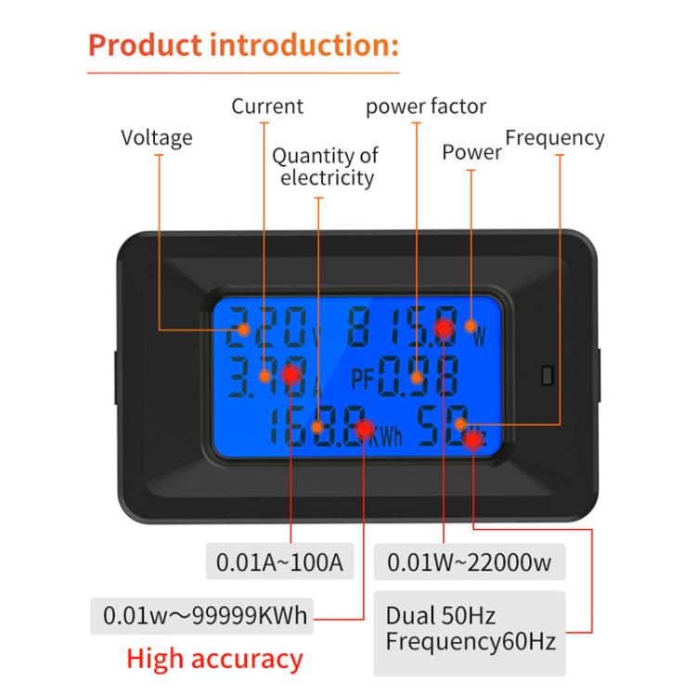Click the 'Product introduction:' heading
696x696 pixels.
point(244,44)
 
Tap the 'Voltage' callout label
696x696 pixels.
point(157,137)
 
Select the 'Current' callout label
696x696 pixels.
point(267,106)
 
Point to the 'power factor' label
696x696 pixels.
point(426,106)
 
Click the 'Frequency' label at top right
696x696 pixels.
point(554,138)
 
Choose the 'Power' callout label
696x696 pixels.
point(471,151)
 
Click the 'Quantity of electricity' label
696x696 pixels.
point(326,166)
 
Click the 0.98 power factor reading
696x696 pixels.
point(420,377)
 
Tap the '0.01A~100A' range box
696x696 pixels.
point(279,561)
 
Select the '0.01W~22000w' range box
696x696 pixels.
point(470,561)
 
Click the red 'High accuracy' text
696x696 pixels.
point(214,659)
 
